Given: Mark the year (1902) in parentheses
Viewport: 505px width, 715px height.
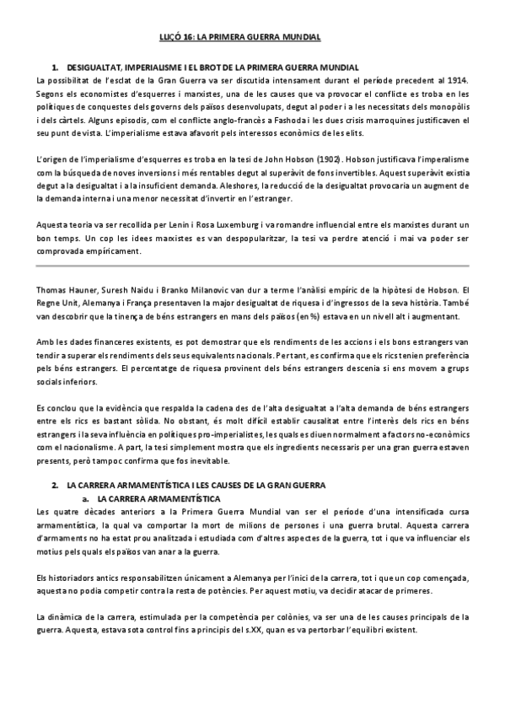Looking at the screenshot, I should (x=332, y=159).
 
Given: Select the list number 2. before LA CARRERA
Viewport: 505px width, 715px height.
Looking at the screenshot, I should (x=56, y=487).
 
